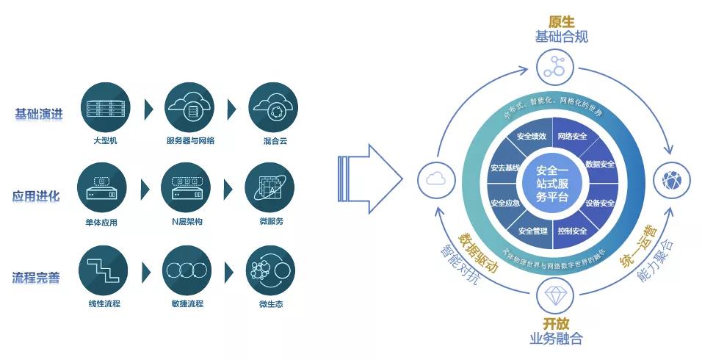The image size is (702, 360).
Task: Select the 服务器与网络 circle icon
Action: click(x=189, y=107)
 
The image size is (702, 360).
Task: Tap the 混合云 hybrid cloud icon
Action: click(x=273, y=107)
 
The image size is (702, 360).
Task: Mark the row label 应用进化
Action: click(x=37, y=197)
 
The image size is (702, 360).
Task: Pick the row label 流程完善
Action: click(x=37, y=278)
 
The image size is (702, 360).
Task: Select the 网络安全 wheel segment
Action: click(x=572, y=136)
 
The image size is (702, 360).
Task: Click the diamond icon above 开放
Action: click(x=551, y=295)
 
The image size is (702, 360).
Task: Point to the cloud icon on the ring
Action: click(x=433, y=179)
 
